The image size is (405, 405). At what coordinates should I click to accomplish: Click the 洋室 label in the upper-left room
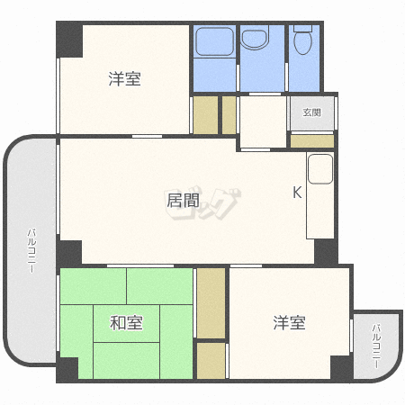click(x=125, y=79)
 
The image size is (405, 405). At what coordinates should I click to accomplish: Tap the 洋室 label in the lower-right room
click(x=290, y=322)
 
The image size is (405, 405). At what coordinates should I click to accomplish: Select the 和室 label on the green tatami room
click(x=126, y=322)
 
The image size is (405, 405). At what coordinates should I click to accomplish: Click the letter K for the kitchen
click(x=296, y=192)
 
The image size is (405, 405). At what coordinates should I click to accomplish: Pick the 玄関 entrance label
click(x=311, y=112)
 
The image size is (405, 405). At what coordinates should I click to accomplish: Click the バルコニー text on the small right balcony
click(x=376, y=346)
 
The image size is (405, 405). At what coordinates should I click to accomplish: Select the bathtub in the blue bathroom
click(x=214, y=41)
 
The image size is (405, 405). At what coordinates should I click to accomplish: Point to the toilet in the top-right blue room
click(x=304, y=40)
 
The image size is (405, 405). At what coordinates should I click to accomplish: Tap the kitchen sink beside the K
click(x=319, y=168)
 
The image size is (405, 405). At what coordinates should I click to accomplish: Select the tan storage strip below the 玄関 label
click(x=311, y=140)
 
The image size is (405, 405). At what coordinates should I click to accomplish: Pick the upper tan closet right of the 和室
click(x=211, y=301)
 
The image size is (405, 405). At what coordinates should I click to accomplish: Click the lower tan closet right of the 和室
click(x=211, y=360)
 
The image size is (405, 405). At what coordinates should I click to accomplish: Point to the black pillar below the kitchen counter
click(x=325, y=252)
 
